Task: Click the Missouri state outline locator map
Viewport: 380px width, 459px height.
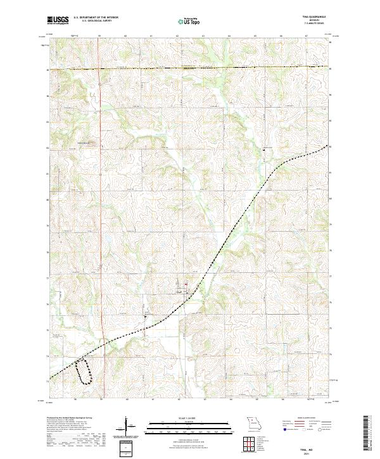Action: click(x=253, y=422)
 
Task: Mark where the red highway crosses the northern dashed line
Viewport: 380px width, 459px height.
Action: click(x=100, y=68)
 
